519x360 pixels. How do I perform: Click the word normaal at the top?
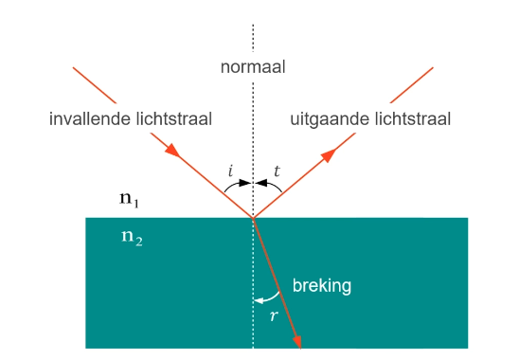(253, 67)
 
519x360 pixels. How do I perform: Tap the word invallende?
(90, 119)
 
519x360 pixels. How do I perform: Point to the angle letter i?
(230, 171)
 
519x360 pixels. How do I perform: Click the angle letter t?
(277, 171)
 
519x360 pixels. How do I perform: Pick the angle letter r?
(273, 315)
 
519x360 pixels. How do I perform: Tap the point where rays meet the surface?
(253, 218)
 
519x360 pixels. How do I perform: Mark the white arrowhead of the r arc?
(258, 301)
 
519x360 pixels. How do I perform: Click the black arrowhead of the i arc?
(247, 183)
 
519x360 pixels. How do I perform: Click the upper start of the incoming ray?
(73, 66)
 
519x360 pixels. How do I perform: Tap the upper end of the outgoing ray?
(433, 67)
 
